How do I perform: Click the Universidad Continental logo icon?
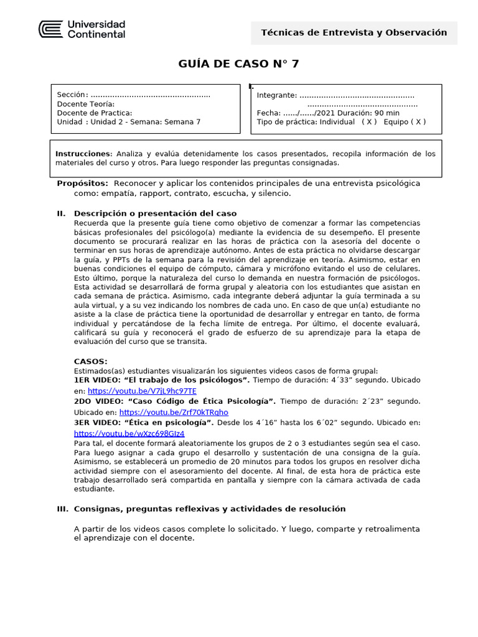click(x=50, y=29)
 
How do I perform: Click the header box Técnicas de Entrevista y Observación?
click(x=354, y=32)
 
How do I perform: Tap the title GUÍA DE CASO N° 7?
click(x=238, y=63)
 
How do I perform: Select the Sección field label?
click(x=72, y=95)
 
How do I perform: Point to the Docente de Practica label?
click(x=94, y=113)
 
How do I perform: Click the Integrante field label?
click(x=276, y=95)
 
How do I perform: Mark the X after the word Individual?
click(x=371, y=122)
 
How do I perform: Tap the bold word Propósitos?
click(x=82, y=184)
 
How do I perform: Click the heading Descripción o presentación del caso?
click(x=155, y=213)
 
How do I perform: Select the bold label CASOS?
click(x=90, y=361)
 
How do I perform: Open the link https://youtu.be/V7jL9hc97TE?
click(x=142, y=391)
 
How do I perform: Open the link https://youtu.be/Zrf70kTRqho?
click(x=174, y=412)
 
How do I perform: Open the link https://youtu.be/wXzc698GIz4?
click(x=129, y=434)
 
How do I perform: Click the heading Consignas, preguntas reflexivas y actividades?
click(x=209, y=509)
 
